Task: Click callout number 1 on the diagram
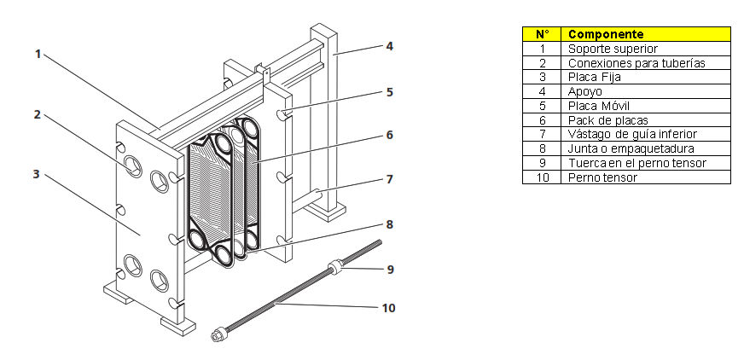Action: (x=38, y=54)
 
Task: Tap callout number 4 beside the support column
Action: (x=389, y=46)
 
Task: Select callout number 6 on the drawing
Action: (x=389, y=135)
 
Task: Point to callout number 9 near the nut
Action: (x=390, y=270)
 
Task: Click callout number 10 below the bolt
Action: (x=389, y=307)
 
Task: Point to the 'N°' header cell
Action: (x=542, y=34)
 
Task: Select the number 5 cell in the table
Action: (x=542, y=106)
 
